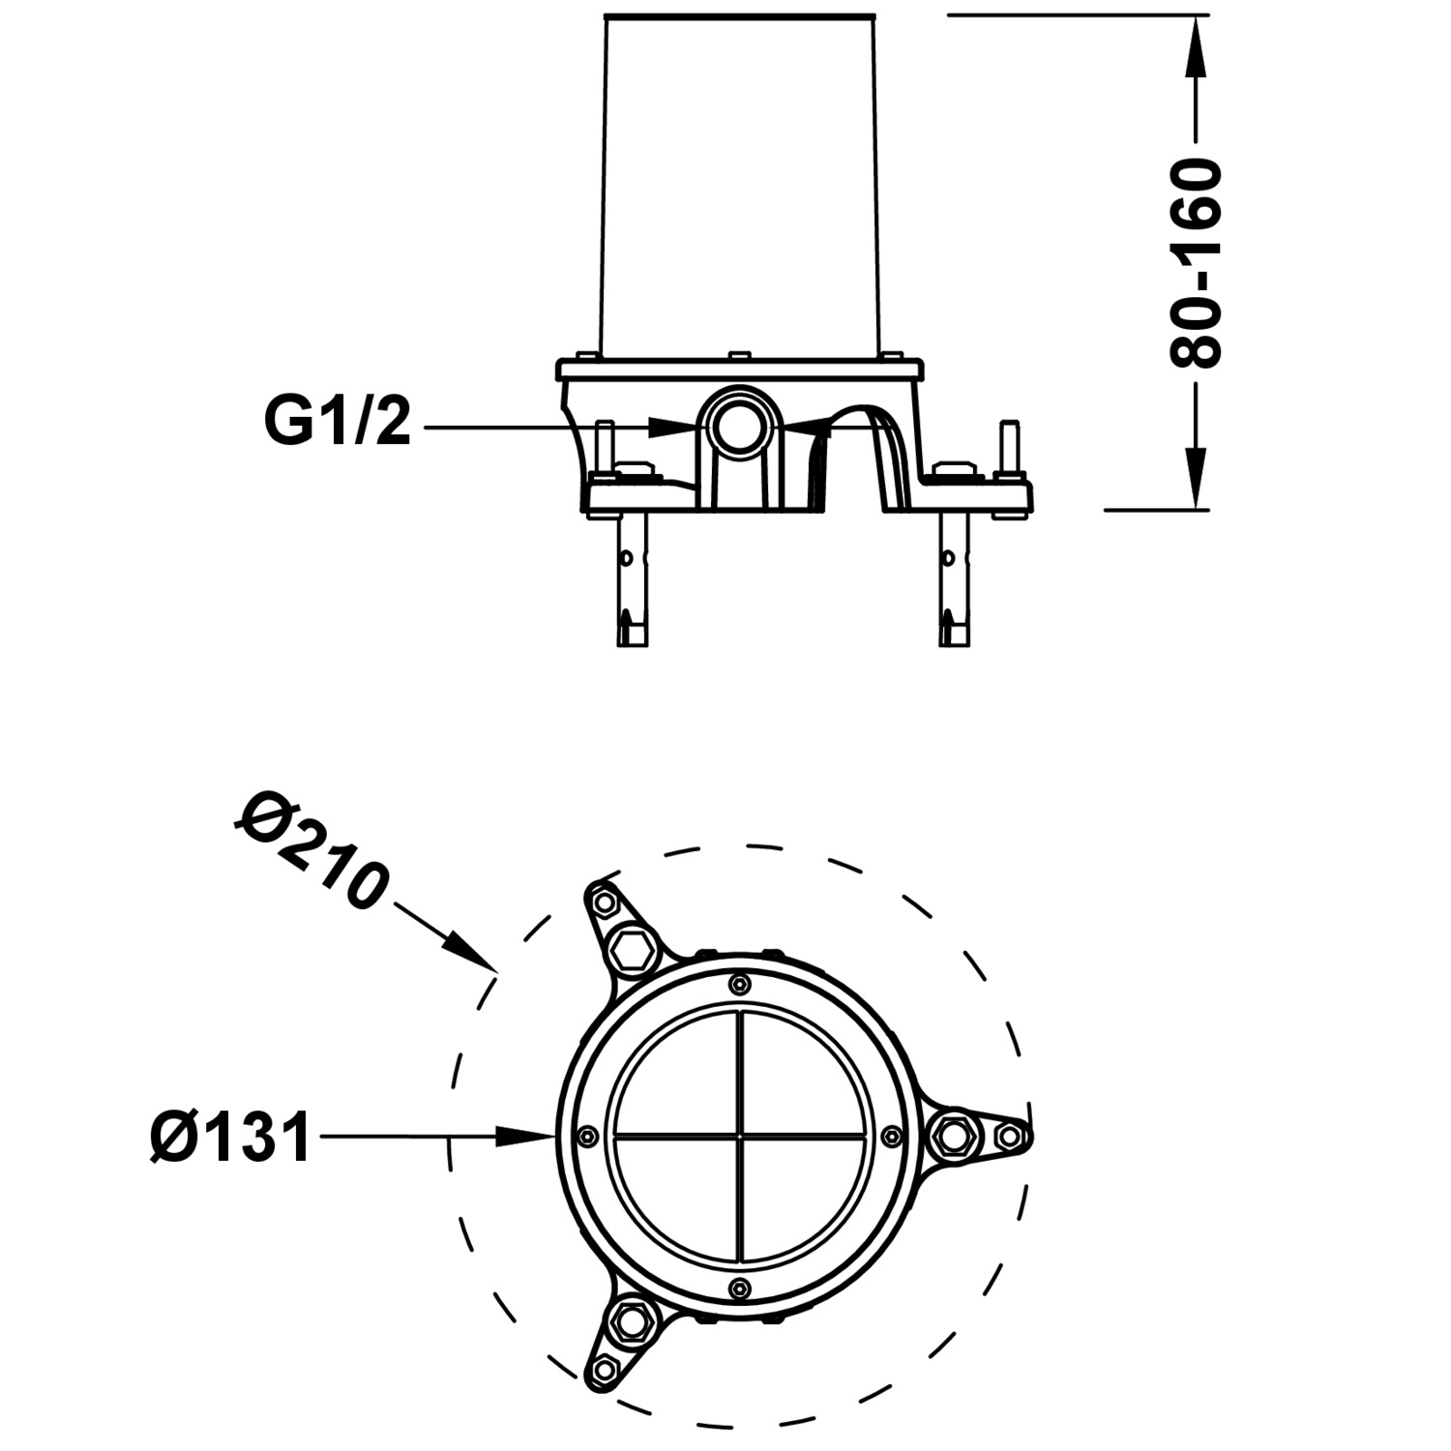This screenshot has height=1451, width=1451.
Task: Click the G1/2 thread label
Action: coord(338,424)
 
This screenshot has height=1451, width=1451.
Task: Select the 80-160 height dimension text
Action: coord(1196,263)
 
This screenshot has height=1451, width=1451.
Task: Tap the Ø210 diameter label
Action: coord(311,849)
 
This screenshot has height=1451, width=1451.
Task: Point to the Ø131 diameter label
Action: coord(231,1138)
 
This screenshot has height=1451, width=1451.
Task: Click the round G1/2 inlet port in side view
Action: coord(740,424)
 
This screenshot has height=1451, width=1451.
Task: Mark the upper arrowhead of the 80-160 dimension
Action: coord(1197,44)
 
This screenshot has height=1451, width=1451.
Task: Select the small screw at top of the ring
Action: coord(740,985)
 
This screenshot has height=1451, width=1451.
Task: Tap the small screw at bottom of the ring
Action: coord(740,1288)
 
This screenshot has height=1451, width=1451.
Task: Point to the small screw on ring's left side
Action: coord(587,1136)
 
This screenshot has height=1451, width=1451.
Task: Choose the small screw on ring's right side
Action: coord(891,1136)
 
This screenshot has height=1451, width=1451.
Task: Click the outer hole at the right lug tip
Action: coord(1009,1136)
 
